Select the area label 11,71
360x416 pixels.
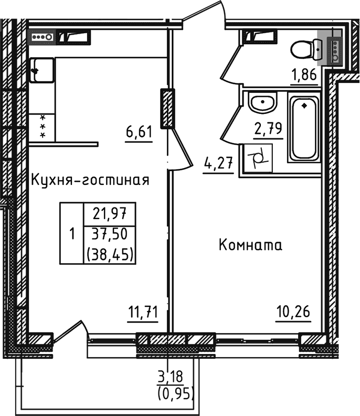click(x=143, y=313)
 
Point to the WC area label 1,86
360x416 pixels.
click(x=304, y=74)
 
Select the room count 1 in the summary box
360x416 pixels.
click(x=72, y=233)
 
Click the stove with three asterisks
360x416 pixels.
click(x=42, y=128)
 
